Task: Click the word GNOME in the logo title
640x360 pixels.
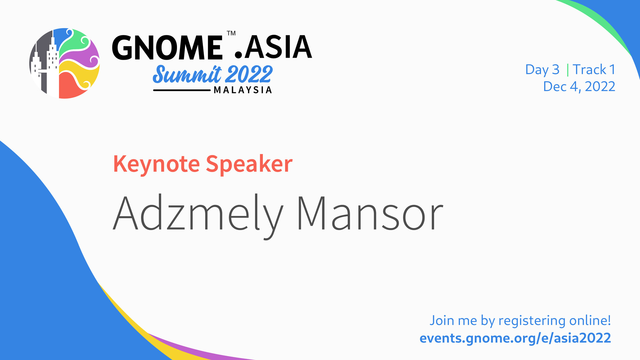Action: (167, 47)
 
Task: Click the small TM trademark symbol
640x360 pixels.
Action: (231, 33)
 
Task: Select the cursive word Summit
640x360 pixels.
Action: (187, 74)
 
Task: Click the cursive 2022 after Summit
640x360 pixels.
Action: (249, 74)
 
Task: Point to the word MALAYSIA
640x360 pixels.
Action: (243, 90)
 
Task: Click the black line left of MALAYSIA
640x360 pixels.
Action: (182, 90)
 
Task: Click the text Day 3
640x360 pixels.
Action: (542, 70)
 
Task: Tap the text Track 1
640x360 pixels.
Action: (594, 70)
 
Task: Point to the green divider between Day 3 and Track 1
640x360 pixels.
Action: (568, 70)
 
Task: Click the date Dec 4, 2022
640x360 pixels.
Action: (579, 87)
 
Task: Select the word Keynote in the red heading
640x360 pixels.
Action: (157, 164)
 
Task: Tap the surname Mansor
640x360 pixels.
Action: (370, 214)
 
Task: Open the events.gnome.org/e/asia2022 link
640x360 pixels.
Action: (515, 338)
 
